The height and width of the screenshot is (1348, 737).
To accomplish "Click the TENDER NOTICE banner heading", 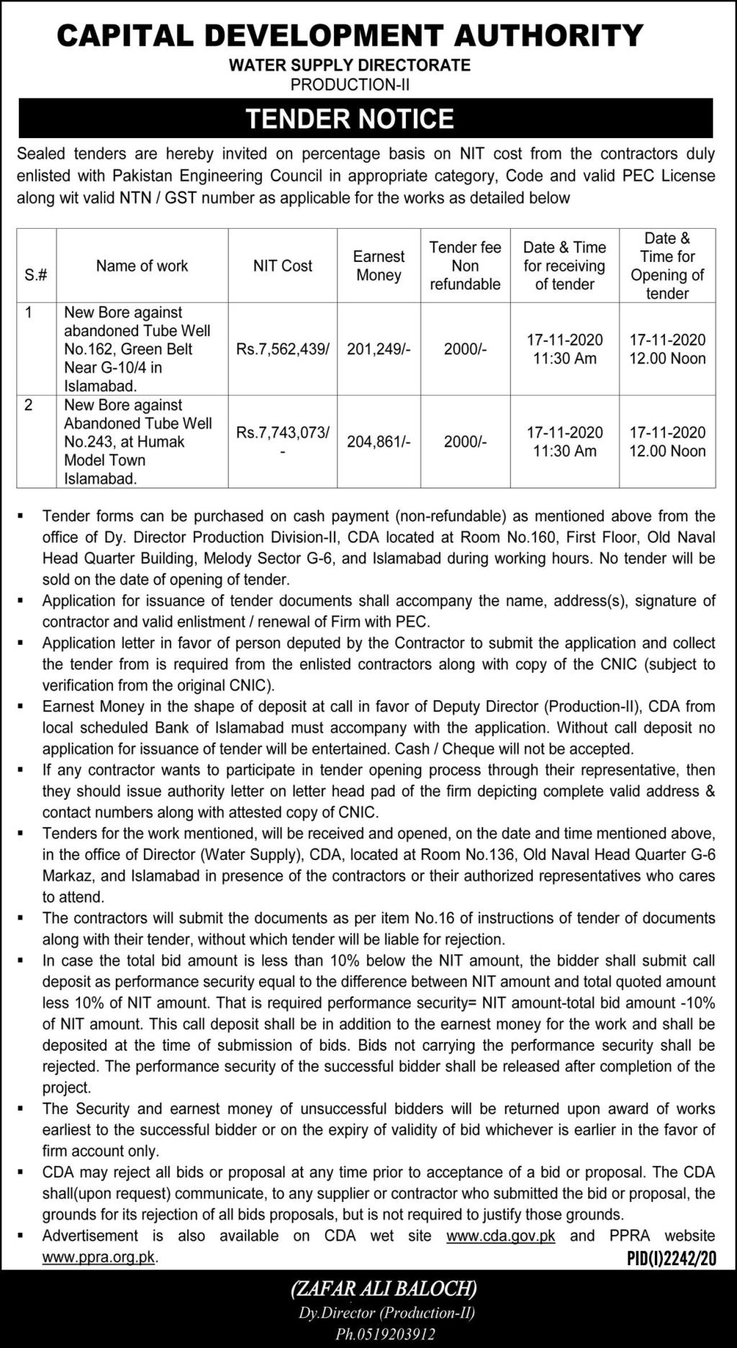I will point(350,119).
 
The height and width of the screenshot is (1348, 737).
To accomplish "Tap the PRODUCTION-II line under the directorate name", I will point(350,85).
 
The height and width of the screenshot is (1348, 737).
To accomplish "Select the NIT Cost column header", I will point(282,266).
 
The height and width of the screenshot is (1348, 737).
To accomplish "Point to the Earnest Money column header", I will point(379,266).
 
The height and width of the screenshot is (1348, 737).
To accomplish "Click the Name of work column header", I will point(142,266).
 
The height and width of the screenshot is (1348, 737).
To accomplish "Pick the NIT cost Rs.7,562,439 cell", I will point(282,350).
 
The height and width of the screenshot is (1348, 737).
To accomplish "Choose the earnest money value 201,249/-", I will point(379,350).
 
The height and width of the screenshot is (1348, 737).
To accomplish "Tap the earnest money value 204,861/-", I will point(379,442).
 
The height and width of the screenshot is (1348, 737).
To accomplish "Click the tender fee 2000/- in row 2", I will point(465,442).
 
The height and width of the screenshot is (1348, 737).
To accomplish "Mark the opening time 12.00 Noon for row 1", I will point(667,359).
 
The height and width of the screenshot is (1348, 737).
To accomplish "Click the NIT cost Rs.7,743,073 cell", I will point(282,433).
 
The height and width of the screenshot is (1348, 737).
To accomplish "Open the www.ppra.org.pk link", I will point(99,1258).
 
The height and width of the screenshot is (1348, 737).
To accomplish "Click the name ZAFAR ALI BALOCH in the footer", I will point(384,1288).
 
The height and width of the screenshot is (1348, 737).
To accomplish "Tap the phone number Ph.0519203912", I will point(386,1334).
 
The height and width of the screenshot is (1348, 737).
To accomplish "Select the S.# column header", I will point(36,275).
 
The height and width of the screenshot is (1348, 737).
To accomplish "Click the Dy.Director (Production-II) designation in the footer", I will point(386,1313).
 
